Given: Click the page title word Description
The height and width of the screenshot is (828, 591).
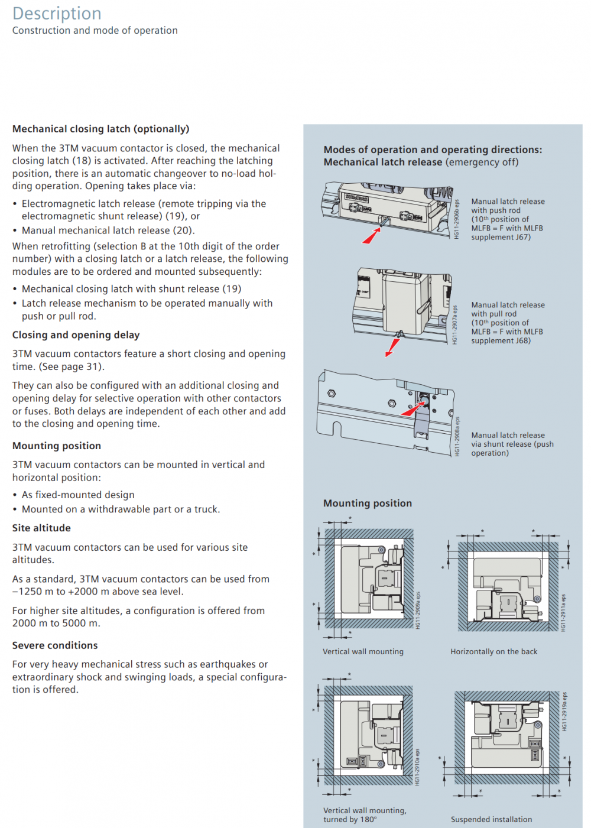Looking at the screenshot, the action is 57,14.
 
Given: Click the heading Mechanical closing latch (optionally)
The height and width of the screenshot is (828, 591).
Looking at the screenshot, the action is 100,129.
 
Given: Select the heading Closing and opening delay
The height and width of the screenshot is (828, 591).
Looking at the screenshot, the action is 76,335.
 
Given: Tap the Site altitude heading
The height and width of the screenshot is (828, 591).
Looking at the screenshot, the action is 41,528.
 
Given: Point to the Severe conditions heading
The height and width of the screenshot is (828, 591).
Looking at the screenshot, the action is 55,645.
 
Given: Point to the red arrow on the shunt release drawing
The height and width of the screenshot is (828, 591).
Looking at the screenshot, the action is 413,410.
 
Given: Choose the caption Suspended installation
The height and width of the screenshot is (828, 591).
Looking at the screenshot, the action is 491,820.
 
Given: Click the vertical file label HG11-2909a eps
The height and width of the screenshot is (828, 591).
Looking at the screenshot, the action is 418,611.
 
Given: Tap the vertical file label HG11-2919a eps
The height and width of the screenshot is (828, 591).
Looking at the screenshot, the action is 564,712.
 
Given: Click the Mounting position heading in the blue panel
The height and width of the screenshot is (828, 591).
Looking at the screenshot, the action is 368,503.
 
